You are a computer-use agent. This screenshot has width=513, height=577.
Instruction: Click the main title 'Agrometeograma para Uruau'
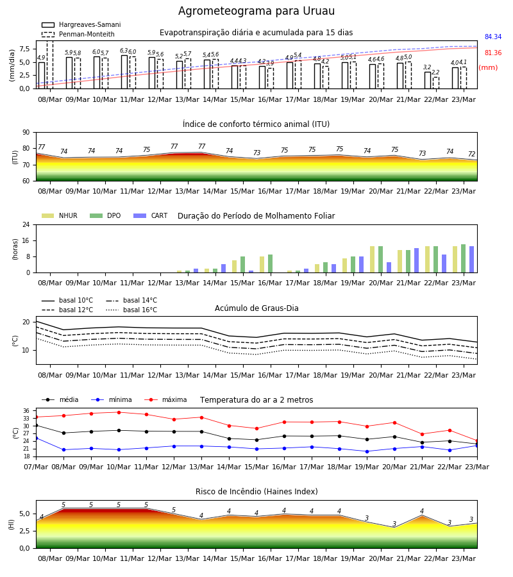256,11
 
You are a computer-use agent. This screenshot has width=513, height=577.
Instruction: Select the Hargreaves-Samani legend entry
81,24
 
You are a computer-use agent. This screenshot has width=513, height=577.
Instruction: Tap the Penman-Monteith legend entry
78,34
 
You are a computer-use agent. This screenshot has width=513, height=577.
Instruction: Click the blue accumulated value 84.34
493,37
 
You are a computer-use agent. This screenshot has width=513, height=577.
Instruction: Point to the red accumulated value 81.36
493,53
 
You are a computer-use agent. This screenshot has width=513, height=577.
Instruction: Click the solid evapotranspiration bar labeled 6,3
124,72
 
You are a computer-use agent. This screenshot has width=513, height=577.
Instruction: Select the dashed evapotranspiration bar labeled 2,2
435,83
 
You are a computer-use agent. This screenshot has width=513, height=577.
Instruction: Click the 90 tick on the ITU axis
26,133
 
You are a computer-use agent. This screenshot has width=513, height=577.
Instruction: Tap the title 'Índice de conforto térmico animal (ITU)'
256,124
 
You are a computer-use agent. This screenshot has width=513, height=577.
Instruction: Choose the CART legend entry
151,215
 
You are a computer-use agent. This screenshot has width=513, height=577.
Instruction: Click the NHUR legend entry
60,215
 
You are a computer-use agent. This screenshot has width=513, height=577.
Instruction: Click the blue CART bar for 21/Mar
417,260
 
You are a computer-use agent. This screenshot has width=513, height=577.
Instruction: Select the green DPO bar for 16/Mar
271,263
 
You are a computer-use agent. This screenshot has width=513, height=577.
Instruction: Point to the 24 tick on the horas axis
26,225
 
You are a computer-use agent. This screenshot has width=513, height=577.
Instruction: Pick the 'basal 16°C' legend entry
131,310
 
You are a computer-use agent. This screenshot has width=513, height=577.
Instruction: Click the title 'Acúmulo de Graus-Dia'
256,308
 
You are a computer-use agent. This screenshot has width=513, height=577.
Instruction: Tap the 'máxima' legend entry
165,399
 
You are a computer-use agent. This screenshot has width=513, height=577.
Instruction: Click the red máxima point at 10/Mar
119,412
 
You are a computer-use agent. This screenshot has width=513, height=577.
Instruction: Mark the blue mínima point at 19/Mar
367,451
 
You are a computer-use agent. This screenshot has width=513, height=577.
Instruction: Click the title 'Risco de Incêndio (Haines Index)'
256,492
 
